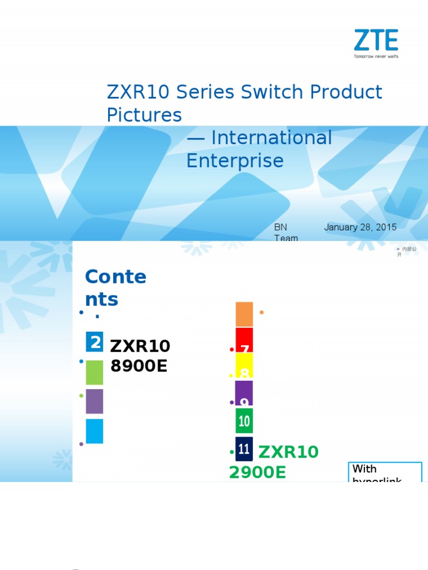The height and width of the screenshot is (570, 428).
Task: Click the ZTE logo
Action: (377, 41)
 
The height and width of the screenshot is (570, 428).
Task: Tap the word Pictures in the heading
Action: (144, 115)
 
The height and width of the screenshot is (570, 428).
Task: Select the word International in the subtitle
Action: (272, 138)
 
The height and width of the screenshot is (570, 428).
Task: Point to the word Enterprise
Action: (235, 161)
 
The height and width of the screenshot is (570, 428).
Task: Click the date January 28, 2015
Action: (360, 227)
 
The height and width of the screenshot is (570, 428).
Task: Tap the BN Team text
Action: (285, 233)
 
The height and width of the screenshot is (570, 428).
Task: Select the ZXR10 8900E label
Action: (140, 356)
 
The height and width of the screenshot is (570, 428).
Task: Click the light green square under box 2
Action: (95, 372)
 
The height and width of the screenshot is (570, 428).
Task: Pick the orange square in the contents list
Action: (244, 315)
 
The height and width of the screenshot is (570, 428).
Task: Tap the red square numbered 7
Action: (244, 340)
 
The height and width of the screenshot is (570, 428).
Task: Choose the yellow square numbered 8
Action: (244, 366)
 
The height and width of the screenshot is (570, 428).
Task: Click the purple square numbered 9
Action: (244, 393)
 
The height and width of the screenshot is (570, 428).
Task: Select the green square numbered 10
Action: (244, 421)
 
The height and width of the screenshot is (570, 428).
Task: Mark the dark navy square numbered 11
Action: (244, 449)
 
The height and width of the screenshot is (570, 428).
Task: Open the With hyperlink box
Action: (385, 473)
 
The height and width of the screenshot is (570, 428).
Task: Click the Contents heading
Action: (115, 288)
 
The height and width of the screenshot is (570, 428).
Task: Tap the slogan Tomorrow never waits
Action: (377, 56)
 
